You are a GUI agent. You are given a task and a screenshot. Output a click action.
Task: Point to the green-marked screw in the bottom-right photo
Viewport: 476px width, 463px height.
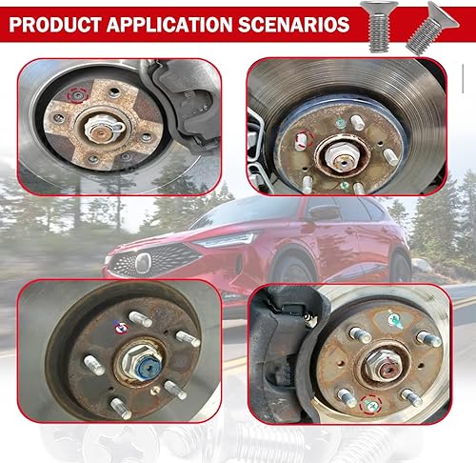(x=392, y=318)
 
